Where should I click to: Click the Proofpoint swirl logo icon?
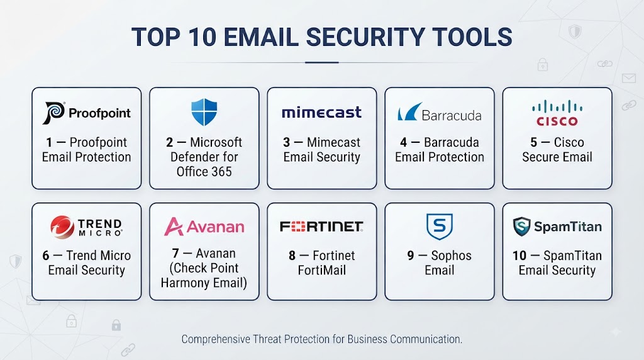click(x=54, y=113)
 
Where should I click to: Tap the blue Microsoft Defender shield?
click(x=204, y=112)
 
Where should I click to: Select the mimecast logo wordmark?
click(x=321, y=112)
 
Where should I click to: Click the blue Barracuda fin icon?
click(x=409, y=111)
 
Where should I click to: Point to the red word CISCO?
click(x=557, y=121)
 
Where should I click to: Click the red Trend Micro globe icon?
click(x=62, y=227)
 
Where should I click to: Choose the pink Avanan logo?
click(x=204, y=227)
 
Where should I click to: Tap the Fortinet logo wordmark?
click(x=321, y=227)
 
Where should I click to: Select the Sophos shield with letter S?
click(x=440, y=227)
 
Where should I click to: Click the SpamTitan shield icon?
click(x=521, y=227)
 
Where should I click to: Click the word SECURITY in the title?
click(x=365, y=37)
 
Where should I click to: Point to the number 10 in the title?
click(x=202, y=37)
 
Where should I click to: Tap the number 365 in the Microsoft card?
click(x=222, y=171)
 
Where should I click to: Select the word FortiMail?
click(x=321, y=270)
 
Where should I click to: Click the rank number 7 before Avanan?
click(x=175, y=253)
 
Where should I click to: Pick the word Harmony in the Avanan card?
click(x=184, y=283)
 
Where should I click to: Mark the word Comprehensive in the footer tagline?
click(x=216, y=339)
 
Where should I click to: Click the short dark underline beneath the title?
click(x=321, y=62)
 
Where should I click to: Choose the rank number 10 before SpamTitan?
click(x=519, y=255)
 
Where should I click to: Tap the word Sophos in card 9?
click(x=451, y=256)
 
